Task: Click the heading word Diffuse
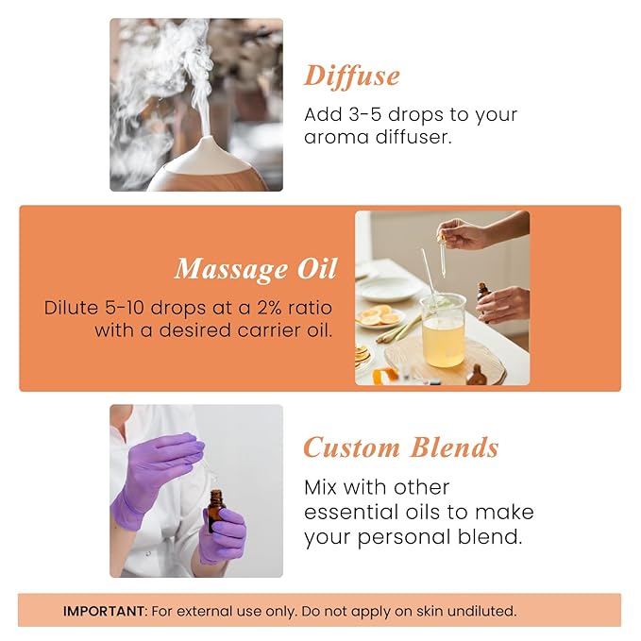click(x=351, y=76)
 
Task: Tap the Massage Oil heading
click(x=255, y=268)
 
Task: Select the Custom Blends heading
click(x=400, y=447)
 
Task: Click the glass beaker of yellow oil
click(x=443, y=330)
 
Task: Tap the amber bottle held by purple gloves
click(x=217, y=510)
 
